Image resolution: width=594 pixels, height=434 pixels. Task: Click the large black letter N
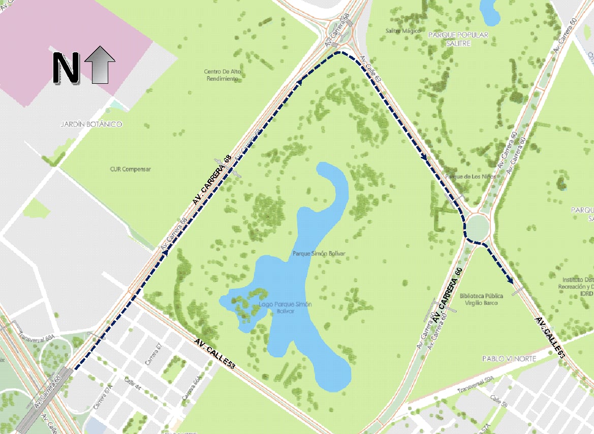point(66,66)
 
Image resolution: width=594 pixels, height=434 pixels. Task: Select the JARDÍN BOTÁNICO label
point(91,124)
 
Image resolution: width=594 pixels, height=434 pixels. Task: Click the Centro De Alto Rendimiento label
point(222,75)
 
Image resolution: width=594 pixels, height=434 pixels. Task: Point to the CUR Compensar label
point(131,169)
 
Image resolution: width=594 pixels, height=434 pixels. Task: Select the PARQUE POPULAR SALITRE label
point(458,39)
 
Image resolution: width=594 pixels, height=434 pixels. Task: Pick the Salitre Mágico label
point(403,31)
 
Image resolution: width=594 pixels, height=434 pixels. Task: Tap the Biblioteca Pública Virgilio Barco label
point(481,299)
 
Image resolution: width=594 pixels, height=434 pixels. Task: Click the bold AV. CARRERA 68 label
point(212,180)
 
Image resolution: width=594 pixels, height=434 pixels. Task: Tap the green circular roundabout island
point(478,226)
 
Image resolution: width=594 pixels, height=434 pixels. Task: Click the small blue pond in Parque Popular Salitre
point(491,12)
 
